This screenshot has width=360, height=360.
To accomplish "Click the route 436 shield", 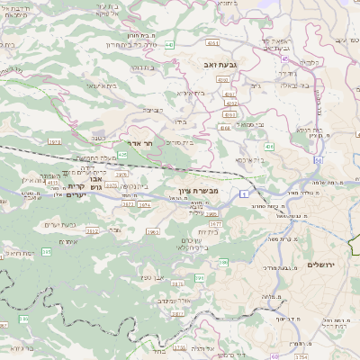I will (x=269, y=146).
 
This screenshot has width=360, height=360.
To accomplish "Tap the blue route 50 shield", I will (x=319, y=160).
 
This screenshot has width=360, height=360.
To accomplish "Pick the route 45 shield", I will (x=284, y=58).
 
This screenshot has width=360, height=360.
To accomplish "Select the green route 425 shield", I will (x=122, y=156).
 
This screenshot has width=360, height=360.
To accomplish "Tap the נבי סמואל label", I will (x=255, y=124).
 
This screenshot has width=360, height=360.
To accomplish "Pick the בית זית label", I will (x=209, y=231).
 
